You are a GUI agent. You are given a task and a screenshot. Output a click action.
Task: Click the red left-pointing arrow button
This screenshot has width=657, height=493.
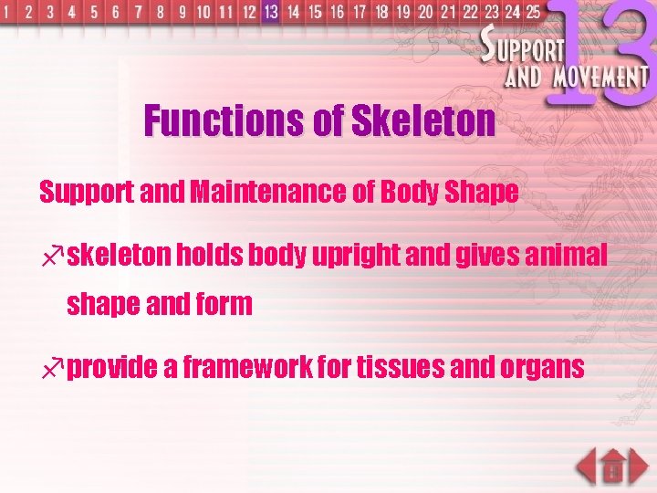pos(587,467)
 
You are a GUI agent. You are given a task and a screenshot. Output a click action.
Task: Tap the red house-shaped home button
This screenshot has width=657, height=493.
pos(613,467)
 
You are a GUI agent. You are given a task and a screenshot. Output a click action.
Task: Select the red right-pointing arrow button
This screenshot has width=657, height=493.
pos(640,467)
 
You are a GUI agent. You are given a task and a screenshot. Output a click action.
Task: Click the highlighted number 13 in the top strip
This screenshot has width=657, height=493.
pos(270,12)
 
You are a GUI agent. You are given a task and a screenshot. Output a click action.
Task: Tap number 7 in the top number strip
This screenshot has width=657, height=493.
pos(139,13)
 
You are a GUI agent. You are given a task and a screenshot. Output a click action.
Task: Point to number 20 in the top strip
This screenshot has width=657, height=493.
pos(425,12)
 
